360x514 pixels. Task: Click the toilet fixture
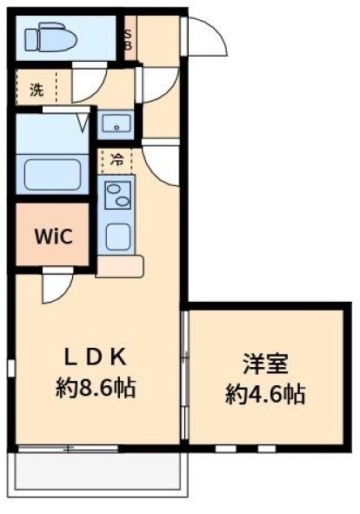[x=51, y=37]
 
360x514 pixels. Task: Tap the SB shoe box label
[x=128, y=39]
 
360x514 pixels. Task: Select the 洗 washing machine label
[x=37, y=90]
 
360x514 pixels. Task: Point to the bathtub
[x=52, y=174]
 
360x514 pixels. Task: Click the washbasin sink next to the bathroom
[x=117, y=124]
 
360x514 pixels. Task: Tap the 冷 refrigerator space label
[x=117, y=161]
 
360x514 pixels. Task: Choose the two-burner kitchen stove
[x=117, y=195]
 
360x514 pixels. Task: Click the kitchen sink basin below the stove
[x=117, y=237]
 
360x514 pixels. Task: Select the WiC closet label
[x=53, y=236]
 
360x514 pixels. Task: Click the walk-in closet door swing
[x=57, y=284]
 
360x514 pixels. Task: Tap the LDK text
[x=96, y=357]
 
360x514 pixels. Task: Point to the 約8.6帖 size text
[x=96, y=388]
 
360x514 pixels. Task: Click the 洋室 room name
[x=265, y=364]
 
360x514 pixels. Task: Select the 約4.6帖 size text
[x=265, y=394]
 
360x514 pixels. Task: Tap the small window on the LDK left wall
[x=12, y=369]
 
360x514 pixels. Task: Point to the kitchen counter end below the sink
[x=120, y=266]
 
